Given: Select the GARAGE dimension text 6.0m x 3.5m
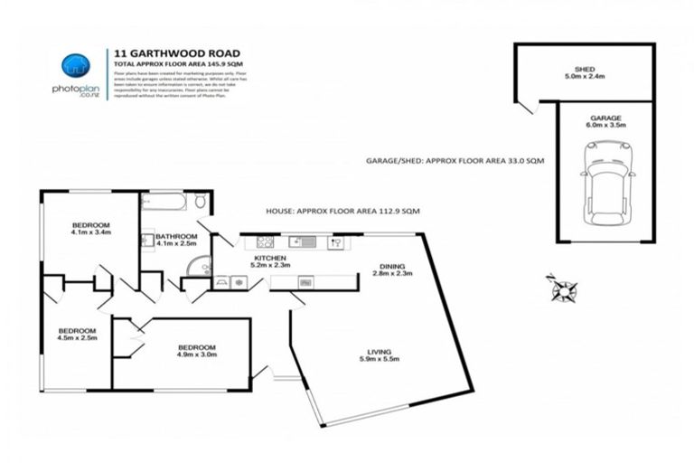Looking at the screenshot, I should point(605,127).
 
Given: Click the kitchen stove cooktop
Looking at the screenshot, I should point(265,242).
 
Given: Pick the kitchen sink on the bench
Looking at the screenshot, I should point(300,242).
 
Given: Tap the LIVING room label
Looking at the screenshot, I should point(378,353).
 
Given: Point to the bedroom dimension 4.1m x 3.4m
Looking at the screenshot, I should point(91,233).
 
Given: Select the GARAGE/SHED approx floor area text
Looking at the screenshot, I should point(442,159).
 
